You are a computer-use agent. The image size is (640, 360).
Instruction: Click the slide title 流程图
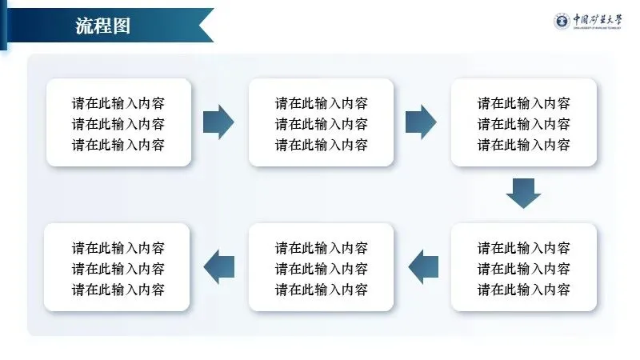click(102, 26)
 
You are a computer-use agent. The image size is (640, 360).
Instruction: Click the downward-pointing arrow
click(524, 193)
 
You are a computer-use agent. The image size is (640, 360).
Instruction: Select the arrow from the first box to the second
click(218, 122)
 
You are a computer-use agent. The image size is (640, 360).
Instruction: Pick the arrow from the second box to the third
click(421, 122)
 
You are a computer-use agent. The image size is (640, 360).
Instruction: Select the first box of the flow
click(118, 122)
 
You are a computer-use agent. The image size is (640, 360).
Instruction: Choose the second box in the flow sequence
click(321, 122)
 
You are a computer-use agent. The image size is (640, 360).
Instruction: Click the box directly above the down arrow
click(524, 122)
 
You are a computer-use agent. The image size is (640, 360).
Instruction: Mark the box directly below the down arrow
click(524, 267)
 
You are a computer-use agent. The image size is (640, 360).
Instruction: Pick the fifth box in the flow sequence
click(321, 267)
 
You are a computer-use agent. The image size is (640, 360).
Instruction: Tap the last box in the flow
click(118, 267)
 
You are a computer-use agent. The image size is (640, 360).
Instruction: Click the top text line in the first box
click(118, 103)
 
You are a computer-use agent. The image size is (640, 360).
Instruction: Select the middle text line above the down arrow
click(524, 124)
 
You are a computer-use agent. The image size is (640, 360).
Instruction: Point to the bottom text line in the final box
click(118, 289)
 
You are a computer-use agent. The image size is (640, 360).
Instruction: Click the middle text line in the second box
click(322, 124)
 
